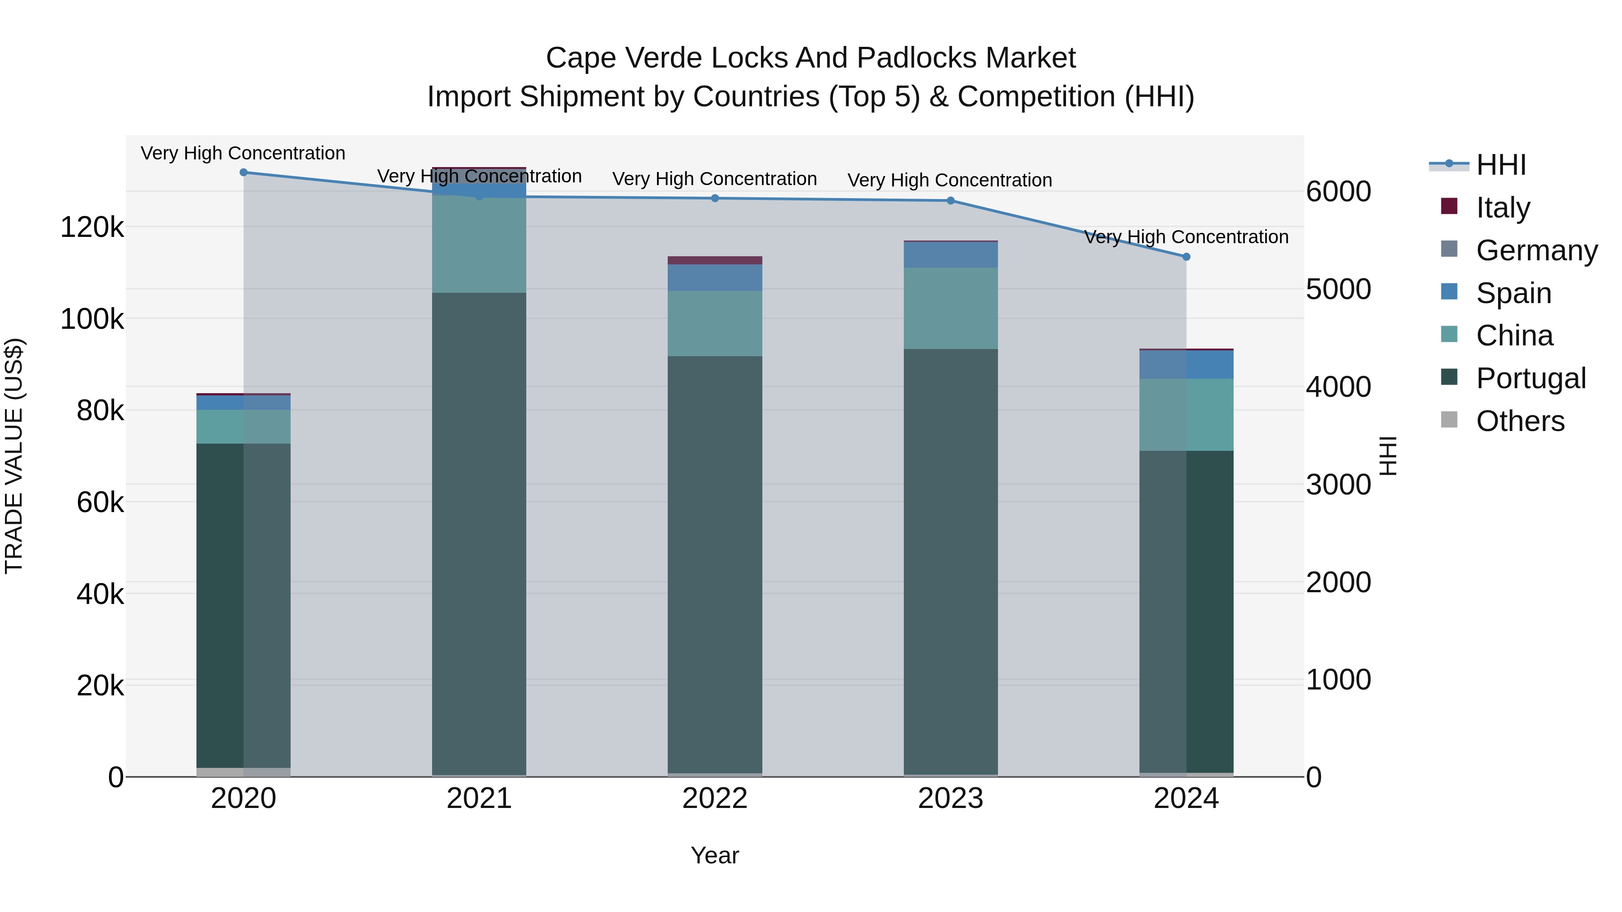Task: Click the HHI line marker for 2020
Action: click(244, 172)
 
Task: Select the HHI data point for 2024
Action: click(1186, 257)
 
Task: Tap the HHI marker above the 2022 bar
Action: click(715, 198)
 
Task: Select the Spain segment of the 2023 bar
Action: click(950, 255)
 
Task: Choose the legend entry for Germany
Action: click(1536, 250)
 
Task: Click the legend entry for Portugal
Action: click(1530, 378)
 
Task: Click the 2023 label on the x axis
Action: click(950, 799)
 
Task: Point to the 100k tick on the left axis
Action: click(92, 319)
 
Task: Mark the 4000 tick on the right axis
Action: click(1338, 386)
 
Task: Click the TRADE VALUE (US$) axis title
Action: click(14, 456)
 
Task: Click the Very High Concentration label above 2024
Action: click(1186, 237)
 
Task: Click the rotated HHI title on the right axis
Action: click(1387, 456)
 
